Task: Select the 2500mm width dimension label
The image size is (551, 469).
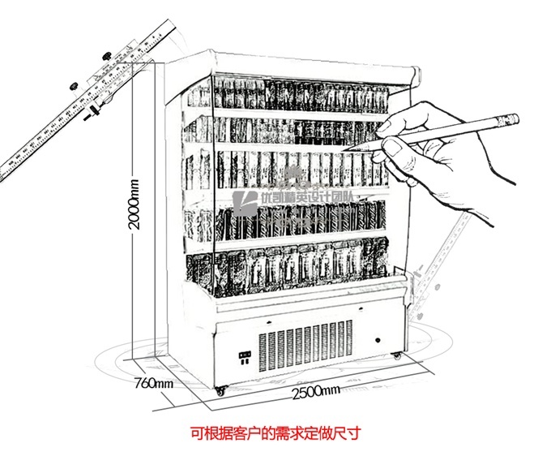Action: [x=312, y=392]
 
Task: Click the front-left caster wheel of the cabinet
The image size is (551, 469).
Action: [x=221, y=389]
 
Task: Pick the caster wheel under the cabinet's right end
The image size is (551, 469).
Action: [x=396, y=355]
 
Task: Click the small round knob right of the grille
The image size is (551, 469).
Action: [x=377, y=334]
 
